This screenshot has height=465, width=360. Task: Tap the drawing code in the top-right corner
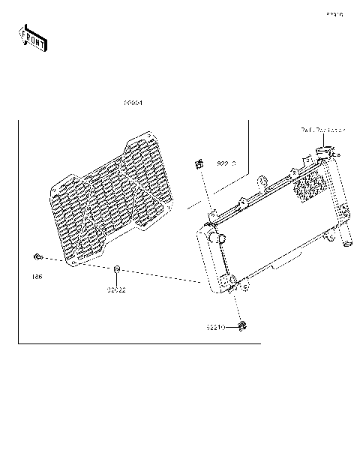coord(334,14)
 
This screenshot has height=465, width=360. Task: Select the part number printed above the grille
coord(133,103)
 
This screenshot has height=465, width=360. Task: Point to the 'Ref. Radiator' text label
coord(323,130)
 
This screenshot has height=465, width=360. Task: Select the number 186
coord(37,277)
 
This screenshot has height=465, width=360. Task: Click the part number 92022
coord(115,289)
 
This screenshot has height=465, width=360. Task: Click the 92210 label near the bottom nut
coord(217,327)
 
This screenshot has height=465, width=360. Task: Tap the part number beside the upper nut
coord(226,163)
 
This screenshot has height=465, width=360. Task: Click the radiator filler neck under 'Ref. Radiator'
coord(323,154)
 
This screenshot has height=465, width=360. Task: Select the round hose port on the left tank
coord(222,238)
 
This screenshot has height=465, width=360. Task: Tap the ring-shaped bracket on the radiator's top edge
coord(262,180)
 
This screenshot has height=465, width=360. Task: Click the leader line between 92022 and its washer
coord(117,278)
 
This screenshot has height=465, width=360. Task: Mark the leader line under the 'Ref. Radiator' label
coord(322,141)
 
